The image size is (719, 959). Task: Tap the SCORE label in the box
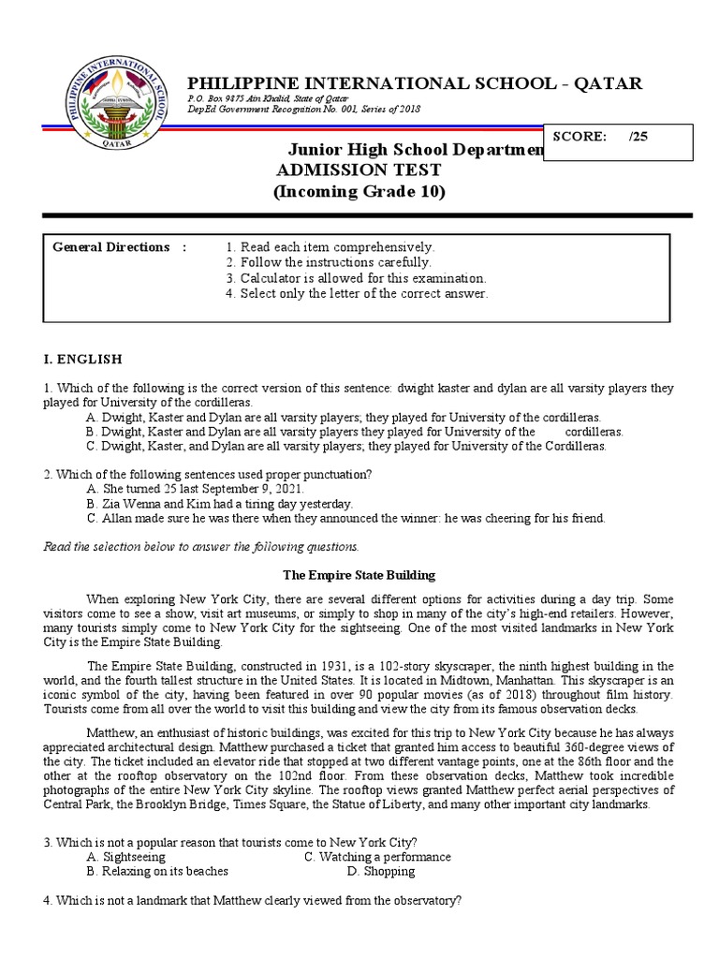click(579, 136)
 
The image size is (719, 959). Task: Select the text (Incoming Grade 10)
click(359, 192)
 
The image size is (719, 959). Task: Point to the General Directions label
click(111, 247)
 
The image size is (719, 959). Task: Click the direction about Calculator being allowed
click(356, 278)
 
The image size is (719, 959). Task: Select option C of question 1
click(345, 447)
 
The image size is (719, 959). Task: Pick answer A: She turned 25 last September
click(195, 489)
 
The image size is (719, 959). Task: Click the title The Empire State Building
click(359, 574)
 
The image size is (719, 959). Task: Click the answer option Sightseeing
click(125, 857)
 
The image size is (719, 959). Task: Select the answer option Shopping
click(380, 871)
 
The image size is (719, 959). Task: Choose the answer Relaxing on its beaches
click(156, 871)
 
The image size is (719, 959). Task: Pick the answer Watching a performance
click(377, 857)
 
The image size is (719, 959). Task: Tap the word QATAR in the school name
click(609, 83)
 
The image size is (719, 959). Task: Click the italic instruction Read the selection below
click(200, 546)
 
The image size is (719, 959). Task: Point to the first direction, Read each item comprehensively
click(330, 247)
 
